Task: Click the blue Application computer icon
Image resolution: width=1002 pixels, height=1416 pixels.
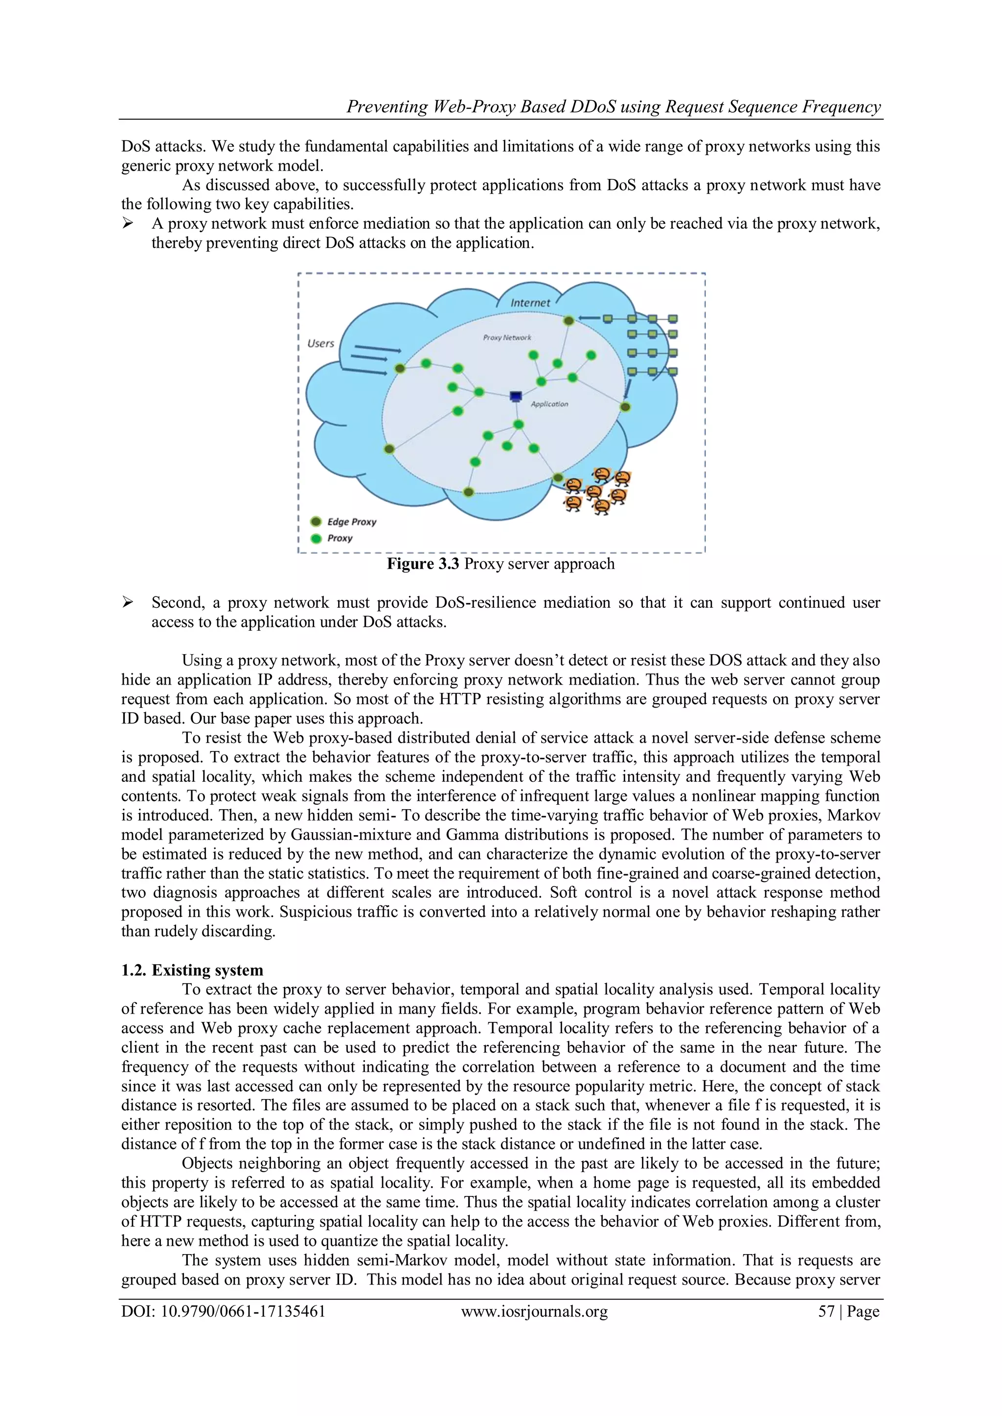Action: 516,397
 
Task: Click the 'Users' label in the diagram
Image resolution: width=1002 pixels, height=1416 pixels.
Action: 321,344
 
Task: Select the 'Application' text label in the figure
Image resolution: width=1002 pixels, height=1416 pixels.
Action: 549,404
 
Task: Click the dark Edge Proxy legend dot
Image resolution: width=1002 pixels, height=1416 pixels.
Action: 317,522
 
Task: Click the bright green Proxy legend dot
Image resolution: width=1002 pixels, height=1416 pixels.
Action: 317,538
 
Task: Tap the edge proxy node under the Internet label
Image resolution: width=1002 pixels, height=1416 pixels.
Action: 569,320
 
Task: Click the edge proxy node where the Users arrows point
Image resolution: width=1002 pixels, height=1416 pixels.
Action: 400,368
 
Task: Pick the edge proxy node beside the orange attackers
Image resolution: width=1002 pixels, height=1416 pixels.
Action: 558,477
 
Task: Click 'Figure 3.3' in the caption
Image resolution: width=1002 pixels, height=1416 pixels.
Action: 423,564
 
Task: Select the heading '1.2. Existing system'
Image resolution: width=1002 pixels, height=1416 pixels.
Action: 192,970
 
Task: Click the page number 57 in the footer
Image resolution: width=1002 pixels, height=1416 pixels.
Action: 826,1311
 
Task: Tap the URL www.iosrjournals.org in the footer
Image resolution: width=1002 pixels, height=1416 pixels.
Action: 534,1311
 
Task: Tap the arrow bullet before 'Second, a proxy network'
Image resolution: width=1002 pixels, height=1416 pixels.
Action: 128,602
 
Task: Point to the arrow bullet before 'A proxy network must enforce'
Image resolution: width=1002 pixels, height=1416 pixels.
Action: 128,223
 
